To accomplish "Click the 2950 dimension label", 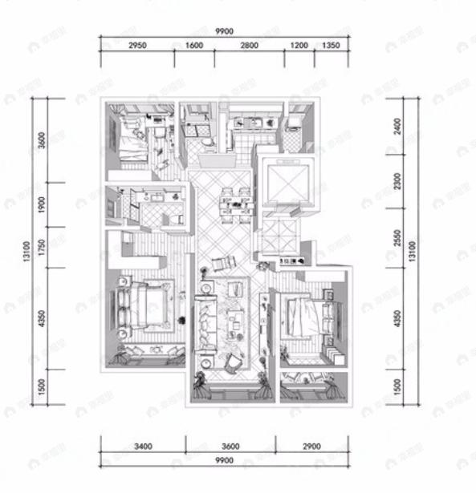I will [137, 46].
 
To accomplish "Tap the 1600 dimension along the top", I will [193, 46].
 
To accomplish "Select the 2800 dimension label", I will [248, 46].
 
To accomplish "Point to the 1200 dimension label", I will [299, 46].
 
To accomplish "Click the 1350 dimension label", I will [331, 46].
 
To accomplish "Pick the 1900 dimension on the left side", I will [42, 206].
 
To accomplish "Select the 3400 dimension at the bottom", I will [143, 446].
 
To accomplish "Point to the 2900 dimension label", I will [311, 446].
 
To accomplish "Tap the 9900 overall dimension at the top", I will [224, 30].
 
